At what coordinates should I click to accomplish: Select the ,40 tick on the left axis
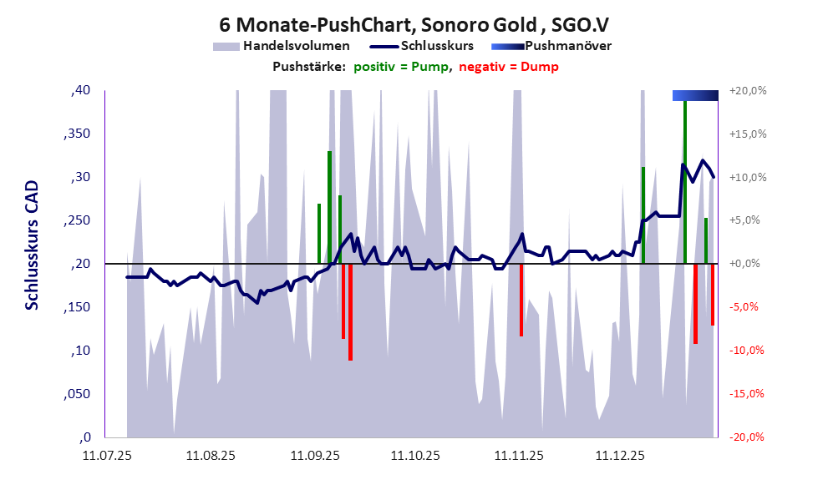click(81, 90)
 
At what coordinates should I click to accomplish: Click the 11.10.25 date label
click(415, 456)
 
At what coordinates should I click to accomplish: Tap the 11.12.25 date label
click(619, 456)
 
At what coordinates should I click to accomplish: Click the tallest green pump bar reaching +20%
click(685, 179)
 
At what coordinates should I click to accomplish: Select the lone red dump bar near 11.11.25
click(521, 300)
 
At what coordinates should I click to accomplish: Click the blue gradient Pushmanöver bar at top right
click(695, 95)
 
